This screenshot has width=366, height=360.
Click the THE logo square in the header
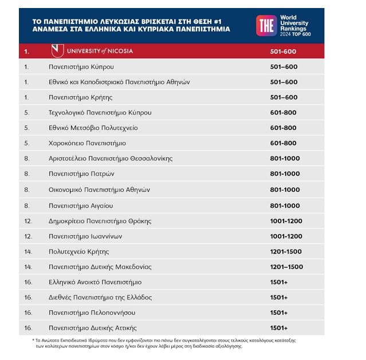(266, 25)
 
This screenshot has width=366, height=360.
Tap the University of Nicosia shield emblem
(57, 51)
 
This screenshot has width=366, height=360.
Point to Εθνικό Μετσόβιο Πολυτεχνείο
(93, 128)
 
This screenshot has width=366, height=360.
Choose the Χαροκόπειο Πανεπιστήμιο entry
(87, 143)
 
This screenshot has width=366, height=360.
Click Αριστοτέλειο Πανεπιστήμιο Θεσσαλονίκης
(111, 159)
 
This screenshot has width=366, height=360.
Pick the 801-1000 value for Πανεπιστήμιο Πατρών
(285, 173)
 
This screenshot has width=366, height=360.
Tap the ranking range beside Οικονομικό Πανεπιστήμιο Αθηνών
(285, 189)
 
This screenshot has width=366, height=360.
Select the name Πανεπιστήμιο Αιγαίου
(81, 205)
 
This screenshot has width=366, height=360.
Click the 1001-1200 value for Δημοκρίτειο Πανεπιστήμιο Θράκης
(286, 221)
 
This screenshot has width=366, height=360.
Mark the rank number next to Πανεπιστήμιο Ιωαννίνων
(28, 236)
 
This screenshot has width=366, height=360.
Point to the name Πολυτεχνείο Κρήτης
(78, 252)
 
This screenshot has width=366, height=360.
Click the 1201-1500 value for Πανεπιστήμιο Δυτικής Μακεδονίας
(286, 267)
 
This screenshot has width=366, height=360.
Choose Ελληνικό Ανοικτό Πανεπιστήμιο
(95, 282)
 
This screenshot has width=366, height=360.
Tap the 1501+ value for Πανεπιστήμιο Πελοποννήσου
(278, 313)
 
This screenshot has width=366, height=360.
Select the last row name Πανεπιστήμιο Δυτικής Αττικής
(92, 328)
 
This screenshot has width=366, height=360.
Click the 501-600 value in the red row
(284, 52)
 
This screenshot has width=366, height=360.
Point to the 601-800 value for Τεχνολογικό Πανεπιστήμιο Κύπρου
(284, 113)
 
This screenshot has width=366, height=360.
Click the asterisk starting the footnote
(33, 340)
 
